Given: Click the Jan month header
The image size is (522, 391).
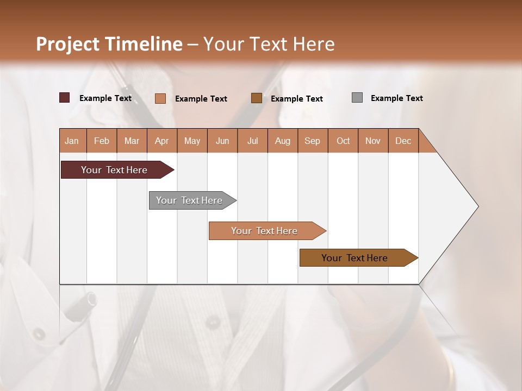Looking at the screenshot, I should point(72,141).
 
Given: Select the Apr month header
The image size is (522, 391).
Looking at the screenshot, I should point(162,141).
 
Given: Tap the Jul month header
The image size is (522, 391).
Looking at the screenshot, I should point(252,141).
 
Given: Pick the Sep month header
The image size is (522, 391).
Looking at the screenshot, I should point(312,141).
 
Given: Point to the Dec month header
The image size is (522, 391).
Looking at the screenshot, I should point(403,141).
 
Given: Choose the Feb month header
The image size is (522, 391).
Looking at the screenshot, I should point(102,141).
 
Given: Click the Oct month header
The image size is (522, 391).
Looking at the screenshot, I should point(343,141).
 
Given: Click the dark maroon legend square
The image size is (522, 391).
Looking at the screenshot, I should point(65,98).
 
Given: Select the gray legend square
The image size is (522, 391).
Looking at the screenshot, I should point(357,98).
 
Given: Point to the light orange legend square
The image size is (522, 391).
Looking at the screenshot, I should point(160,98).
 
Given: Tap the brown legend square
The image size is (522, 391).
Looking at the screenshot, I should point(257,98).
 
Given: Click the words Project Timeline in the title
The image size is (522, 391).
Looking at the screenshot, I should point(109,44).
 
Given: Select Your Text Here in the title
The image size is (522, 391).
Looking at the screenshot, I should point(269,44).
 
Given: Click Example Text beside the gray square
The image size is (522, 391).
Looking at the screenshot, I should point(396,98).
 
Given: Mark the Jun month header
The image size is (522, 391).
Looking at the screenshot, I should point(222,141).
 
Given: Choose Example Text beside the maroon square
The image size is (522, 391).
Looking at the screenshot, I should point(105,98).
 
